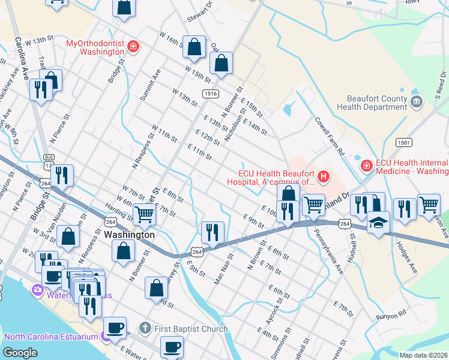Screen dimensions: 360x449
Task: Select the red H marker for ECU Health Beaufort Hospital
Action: pyautogui.click(x=324, y=176)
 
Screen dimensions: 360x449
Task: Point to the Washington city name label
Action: pyautogui.click(x=129, y=235)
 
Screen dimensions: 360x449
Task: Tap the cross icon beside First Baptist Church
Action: pyautogui.click(x=145, y=328)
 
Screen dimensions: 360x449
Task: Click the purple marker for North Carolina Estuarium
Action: pyautogui.click(x=106, y=337)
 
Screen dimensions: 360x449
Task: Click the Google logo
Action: pyautogui.click(x=20, y=353)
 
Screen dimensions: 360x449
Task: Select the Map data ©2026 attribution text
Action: pyautogui.click(x=423, y=355)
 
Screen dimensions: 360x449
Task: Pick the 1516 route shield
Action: pyautogui.click(x=210, y=94)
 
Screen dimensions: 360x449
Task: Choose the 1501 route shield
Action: pyautogui.click(x=403, y=142)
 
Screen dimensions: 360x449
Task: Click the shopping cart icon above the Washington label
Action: pyautogui.click(x=144, y=213)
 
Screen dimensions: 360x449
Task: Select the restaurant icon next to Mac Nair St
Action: pyautogui.click(x=212, y=232)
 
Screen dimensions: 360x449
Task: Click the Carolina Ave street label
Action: pyautogui.click(x=22, y=58)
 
